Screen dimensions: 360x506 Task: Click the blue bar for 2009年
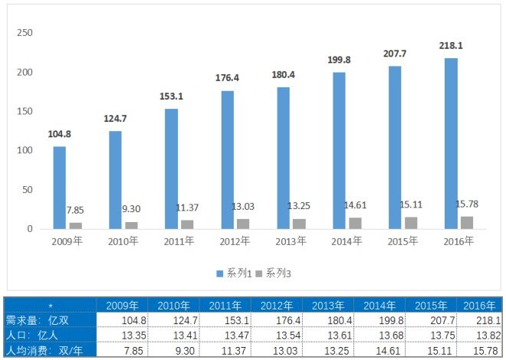59,188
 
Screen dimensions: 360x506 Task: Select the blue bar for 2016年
451,143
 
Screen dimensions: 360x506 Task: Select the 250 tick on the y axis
25,34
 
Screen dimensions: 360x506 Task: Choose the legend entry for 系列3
275,273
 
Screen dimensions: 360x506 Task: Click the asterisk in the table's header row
51,306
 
